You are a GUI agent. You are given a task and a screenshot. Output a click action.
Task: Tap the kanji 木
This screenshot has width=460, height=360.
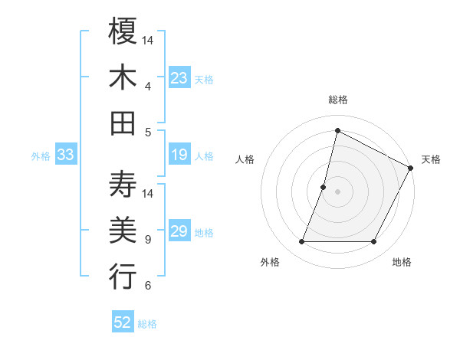tap(123, 77)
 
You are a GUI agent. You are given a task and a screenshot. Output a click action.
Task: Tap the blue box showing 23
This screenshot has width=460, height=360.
tap(179, 77)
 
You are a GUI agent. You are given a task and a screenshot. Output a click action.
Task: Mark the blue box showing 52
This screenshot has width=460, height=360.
tap(123, 322)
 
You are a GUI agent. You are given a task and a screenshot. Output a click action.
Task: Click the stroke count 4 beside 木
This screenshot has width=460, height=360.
tap(148, 86)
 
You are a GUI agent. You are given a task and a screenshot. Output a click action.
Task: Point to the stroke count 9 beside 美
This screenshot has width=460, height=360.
tap(148, 239)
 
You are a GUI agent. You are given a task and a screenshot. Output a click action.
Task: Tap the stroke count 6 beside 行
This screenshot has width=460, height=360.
tap(148, 286)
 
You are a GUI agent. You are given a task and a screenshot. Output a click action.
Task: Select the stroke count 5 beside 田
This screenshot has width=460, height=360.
tap(148, 132)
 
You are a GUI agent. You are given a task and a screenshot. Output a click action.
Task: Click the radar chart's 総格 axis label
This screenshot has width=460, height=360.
tap(337, 100)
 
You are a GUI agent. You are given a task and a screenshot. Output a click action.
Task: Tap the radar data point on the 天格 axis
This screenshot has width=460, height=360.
tap(411, 169)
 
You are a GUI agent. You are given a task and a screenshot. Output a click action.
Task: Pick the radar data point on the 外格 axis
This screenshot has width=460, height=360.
tap(301, 242)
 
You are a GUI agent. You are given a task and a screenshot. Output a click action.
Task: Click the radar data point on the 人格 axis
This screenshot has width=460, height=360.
tap(324, 187)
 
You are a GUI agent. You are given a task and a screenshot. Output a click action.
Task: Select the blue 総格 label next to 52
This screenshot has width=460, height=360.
tap(148, 324)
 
